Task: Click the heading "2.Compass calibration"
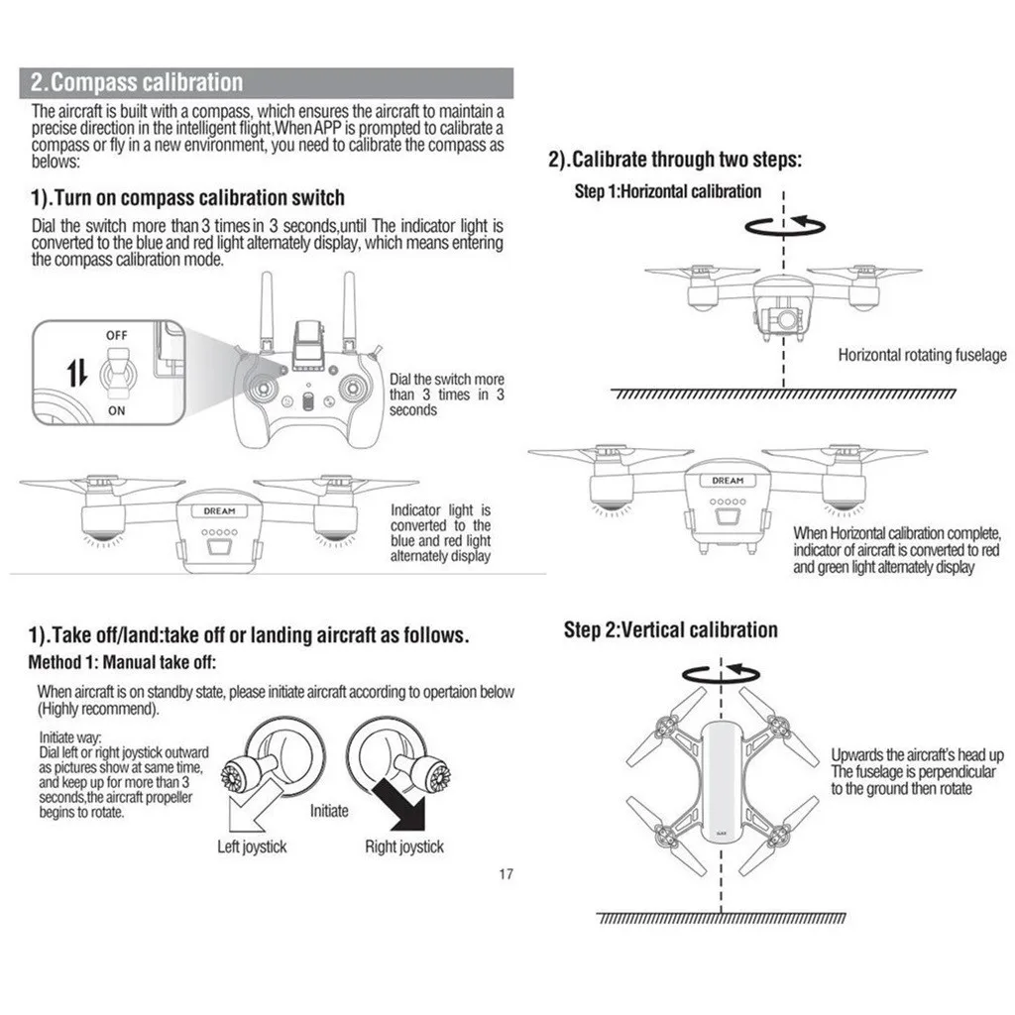click(x=136, y=82)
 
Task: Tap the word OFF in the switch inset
click(x=117, y=336)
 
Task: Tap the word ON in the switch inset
click(x=117, y=410)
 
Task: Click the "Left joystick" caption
click(x=252, y=846)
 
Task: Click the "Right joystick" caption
click(x=404, y=846)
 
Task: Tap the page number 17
click(x=506, y=874)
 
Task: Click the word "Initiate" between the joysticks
click(x=329, y=811)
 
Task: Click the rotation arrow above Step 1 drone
click(x=782, y=227)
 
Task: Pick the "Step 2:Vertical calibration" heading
click(x=670, y=630)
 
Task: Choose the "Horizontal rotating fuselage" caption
click(x=922, y=355)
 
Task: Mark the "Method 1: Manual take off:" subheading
click(x=122, y=662)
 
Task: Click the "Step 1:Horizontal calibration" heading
click(x=668, y=191)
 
